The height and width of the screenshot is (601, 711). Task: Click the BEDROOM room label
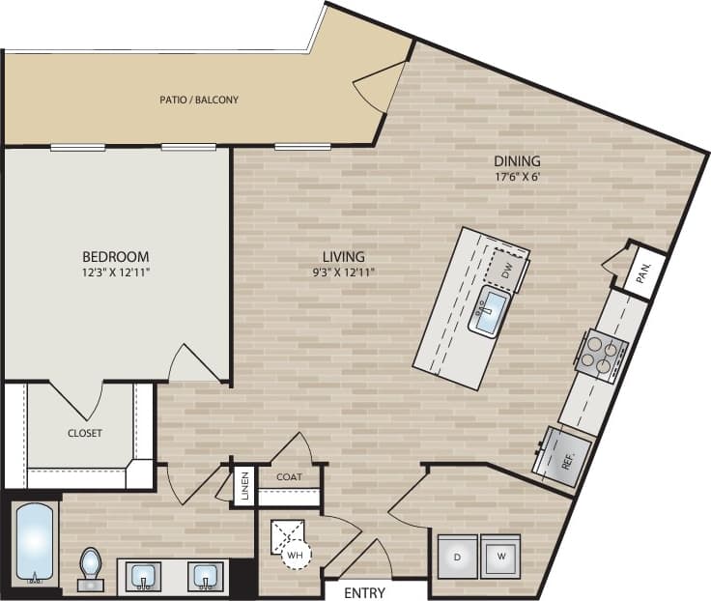coord(115,256)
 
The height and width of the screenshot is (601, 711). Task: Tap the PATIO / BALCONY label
coord(199,100)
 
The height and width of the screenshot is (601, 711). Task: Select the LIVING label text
coord(344,256)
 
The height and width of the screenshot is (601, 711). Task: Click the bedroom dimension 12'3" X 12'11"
coord(115,272)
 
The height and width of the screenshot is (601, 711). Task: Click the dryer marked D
coord(457,556)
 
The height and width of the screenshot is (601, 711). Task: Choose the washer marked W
coord(499,556)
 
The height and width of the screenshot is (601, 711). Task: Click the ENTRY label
coord(364,592)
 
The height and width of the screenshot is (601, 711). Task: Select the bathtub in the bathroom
coord(37,544)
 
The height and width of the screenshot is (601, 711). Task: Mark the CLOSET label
coord(85,433)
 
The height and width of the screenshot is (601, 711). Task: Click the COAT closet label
coord(290,476)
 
